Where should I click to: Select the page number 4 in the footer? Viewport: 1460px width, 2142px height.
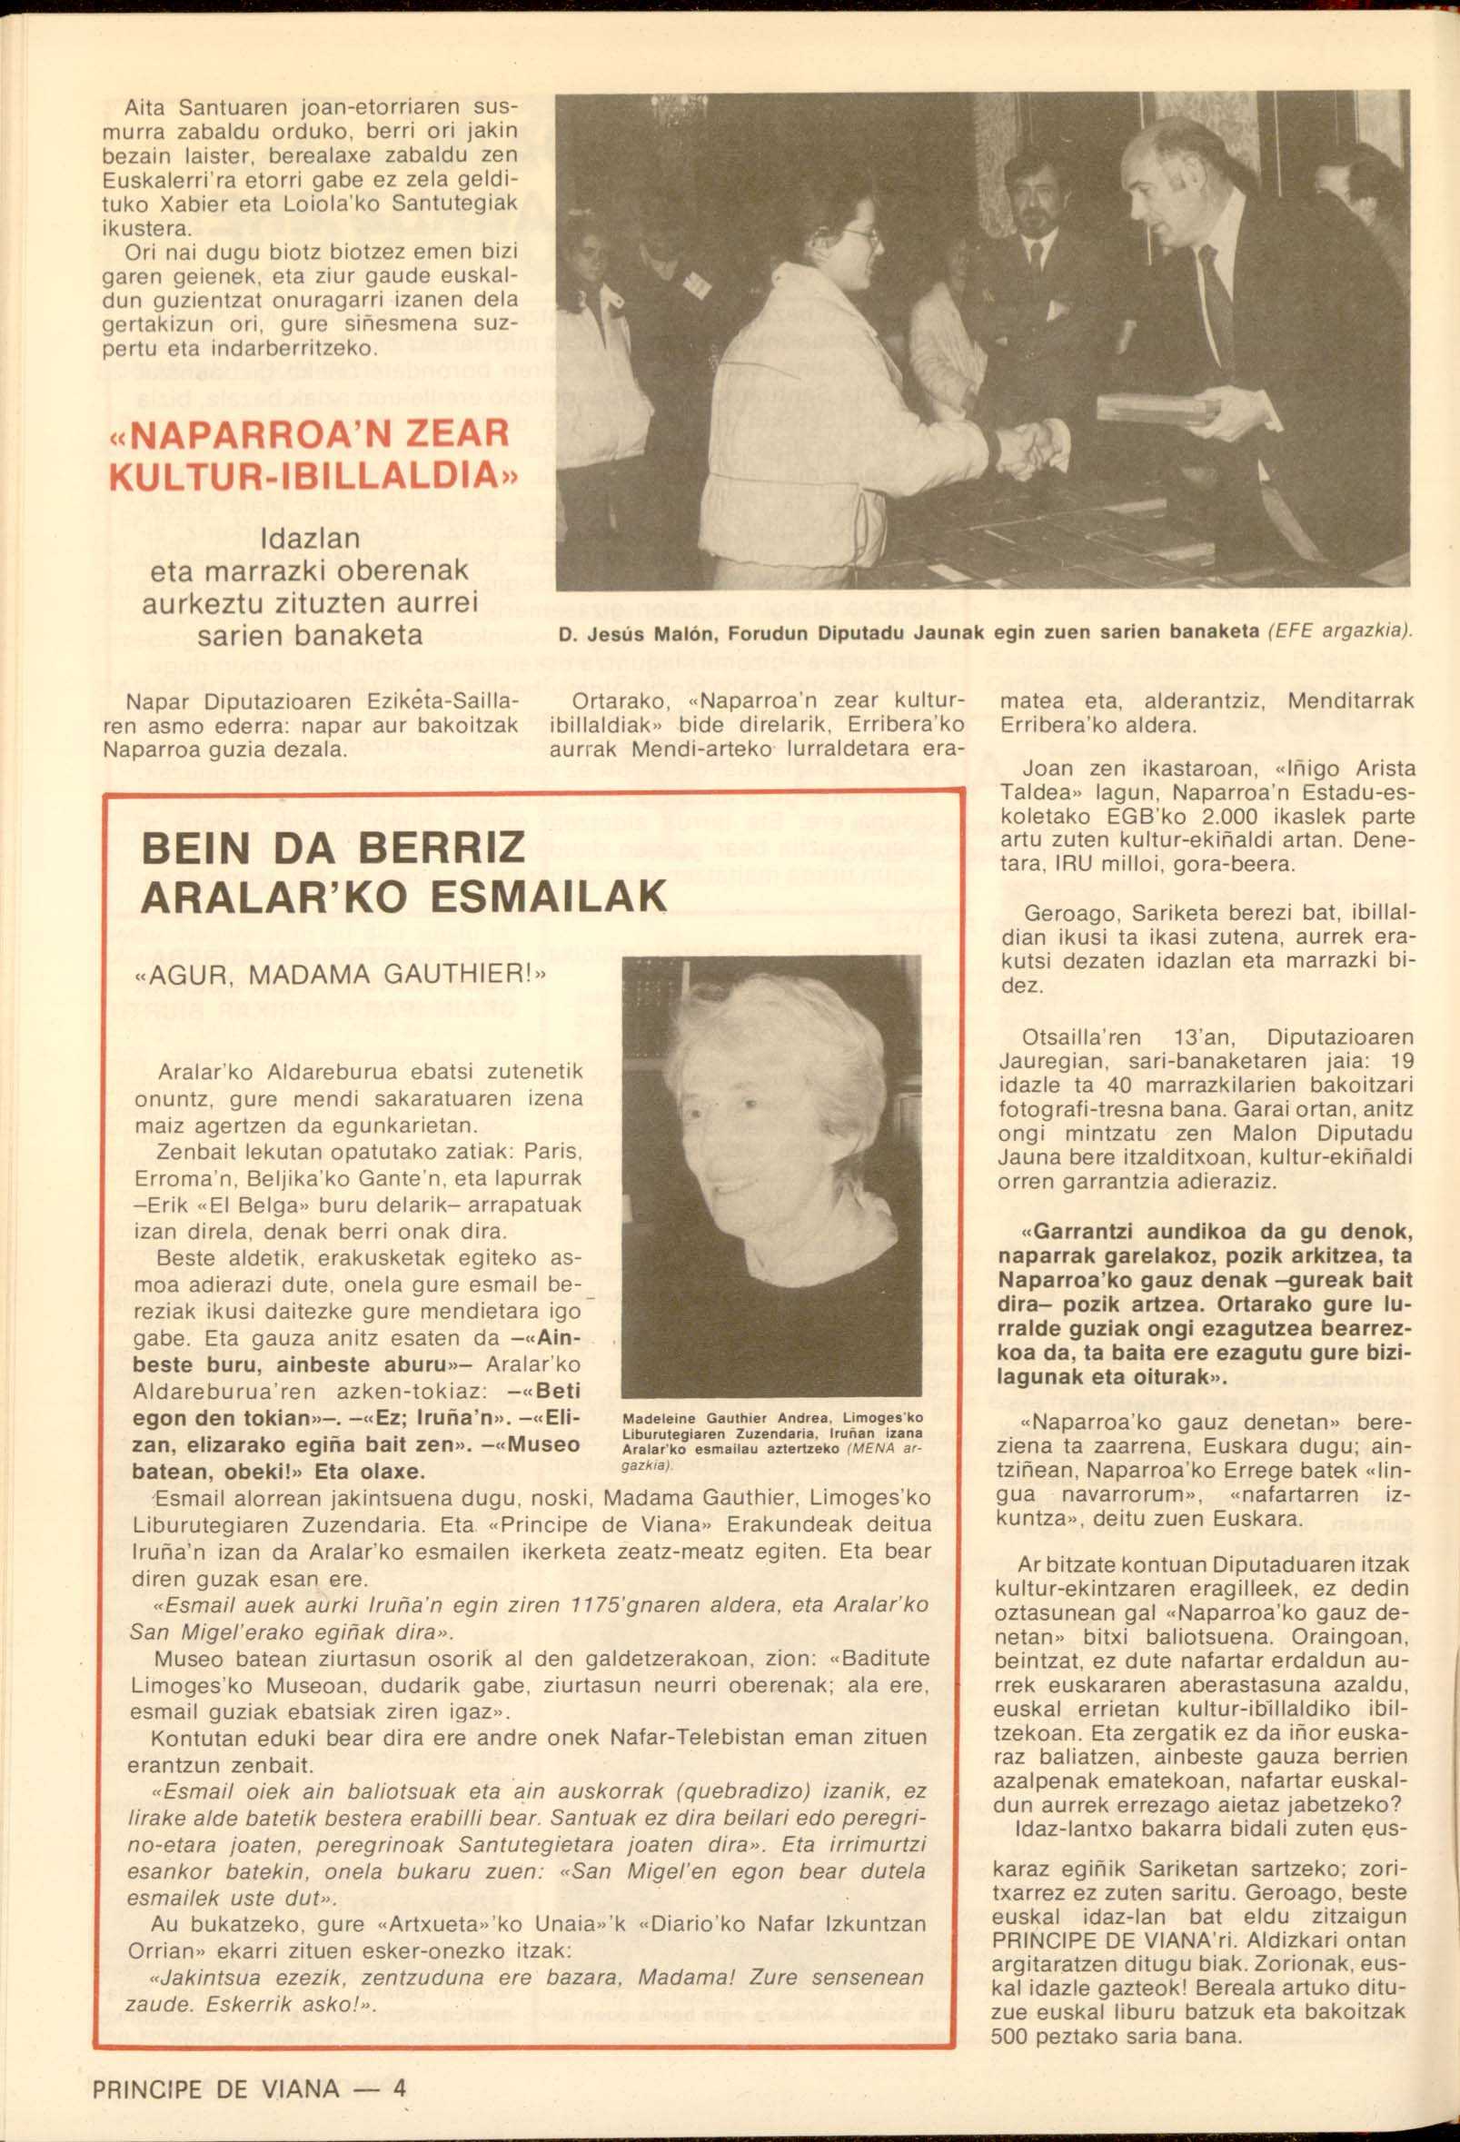pyautogui.click(x=399, y=2062)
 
